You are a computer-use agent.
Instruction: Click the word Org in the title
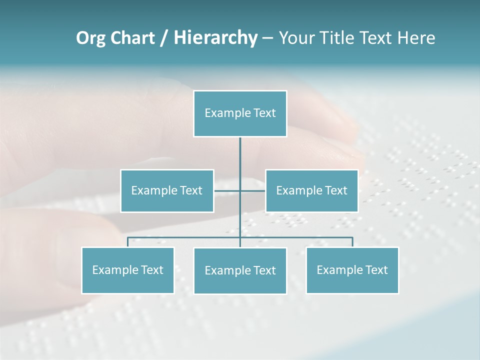(91, 38)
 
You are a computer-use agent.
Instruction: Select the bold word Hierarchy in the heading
(215, 38)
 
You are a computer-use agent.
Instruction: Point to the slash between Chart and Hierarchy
(164, 38)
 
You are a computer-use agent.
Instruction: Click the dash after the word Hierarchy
(267, 38)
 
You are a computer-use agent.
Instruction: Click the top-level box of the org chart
(240, 113)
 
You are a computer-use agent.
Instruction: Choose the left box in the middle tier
(167, 190)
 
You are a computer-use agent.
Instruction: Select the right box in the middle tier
(311, 190)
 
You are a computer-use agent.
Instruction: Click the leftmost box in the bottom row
(127, 270)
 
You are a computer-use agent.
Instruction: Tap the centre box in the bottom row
(240, 270)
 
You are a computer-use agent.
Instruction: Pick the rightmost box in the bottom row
(352, 270)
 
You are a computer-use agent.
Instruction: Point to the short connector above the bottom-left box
(127, 242)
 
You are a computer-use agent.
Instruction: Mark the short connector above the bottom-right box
(352, 242)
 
